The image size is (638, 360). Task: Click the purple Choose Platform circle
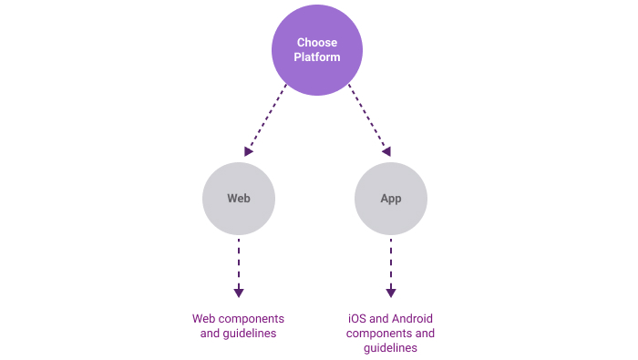[317, 50]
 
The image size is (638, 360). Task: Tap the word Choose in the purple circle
[317, 43]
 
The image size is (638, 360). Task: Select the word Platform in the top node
[317, 57]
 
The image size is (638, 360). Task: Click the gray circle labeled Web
[239, 199]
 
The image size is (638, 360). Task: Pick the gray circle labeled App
[391, 199]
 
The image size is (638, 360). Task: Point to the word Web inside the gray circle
[239, 199]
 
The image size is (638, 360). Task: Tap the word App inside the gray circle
[391, 199]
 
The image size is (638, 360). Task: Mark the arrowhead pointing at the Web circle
[248, 151]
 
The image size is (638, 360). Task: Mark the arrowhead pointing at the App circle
[386, 151]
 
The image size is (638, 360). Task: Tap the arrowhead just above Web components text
[239, 293]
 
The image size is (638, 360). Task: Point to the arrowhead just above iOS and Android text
[391, 293]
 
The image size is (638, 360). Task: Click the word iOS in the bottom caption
[357, 319]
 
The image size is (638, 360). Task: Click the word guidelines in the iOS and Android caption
[391, 348]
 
